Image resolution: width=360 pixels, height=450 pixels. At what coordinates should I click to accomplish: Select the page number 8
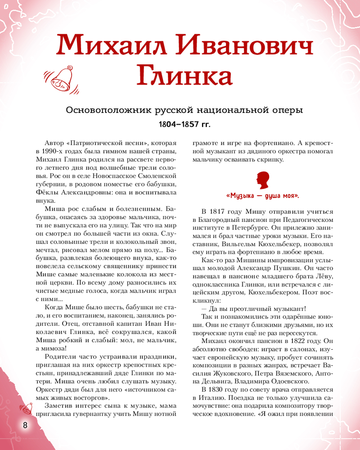(x=26, y=425)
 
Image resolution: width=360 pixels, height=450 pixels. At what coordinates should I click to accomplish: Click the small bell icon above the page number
(x=25, y=408)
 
